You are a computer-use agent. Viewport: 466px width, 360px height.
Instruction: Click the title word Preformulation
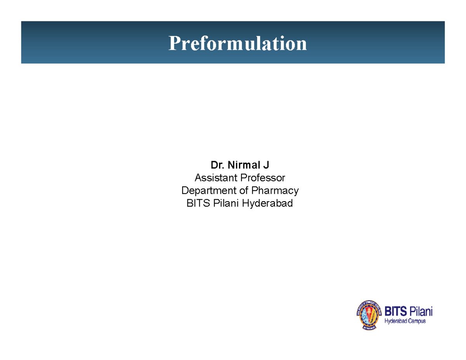(237, 43)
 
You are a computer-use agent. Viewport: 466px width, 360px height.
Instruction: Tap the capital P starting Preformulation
(173, 43)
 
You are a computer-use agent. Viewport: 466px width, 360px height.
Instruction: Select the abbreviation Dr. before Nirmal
(216, 166)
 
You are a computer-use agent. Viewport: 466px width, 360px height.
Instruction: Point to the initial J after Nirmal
(266, 166)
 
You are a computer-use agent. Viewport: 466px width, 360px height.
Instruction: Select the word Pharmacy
(275, 191)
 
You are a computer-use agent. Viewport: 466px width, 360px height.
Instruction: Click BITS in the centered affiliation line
(197, 203)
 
